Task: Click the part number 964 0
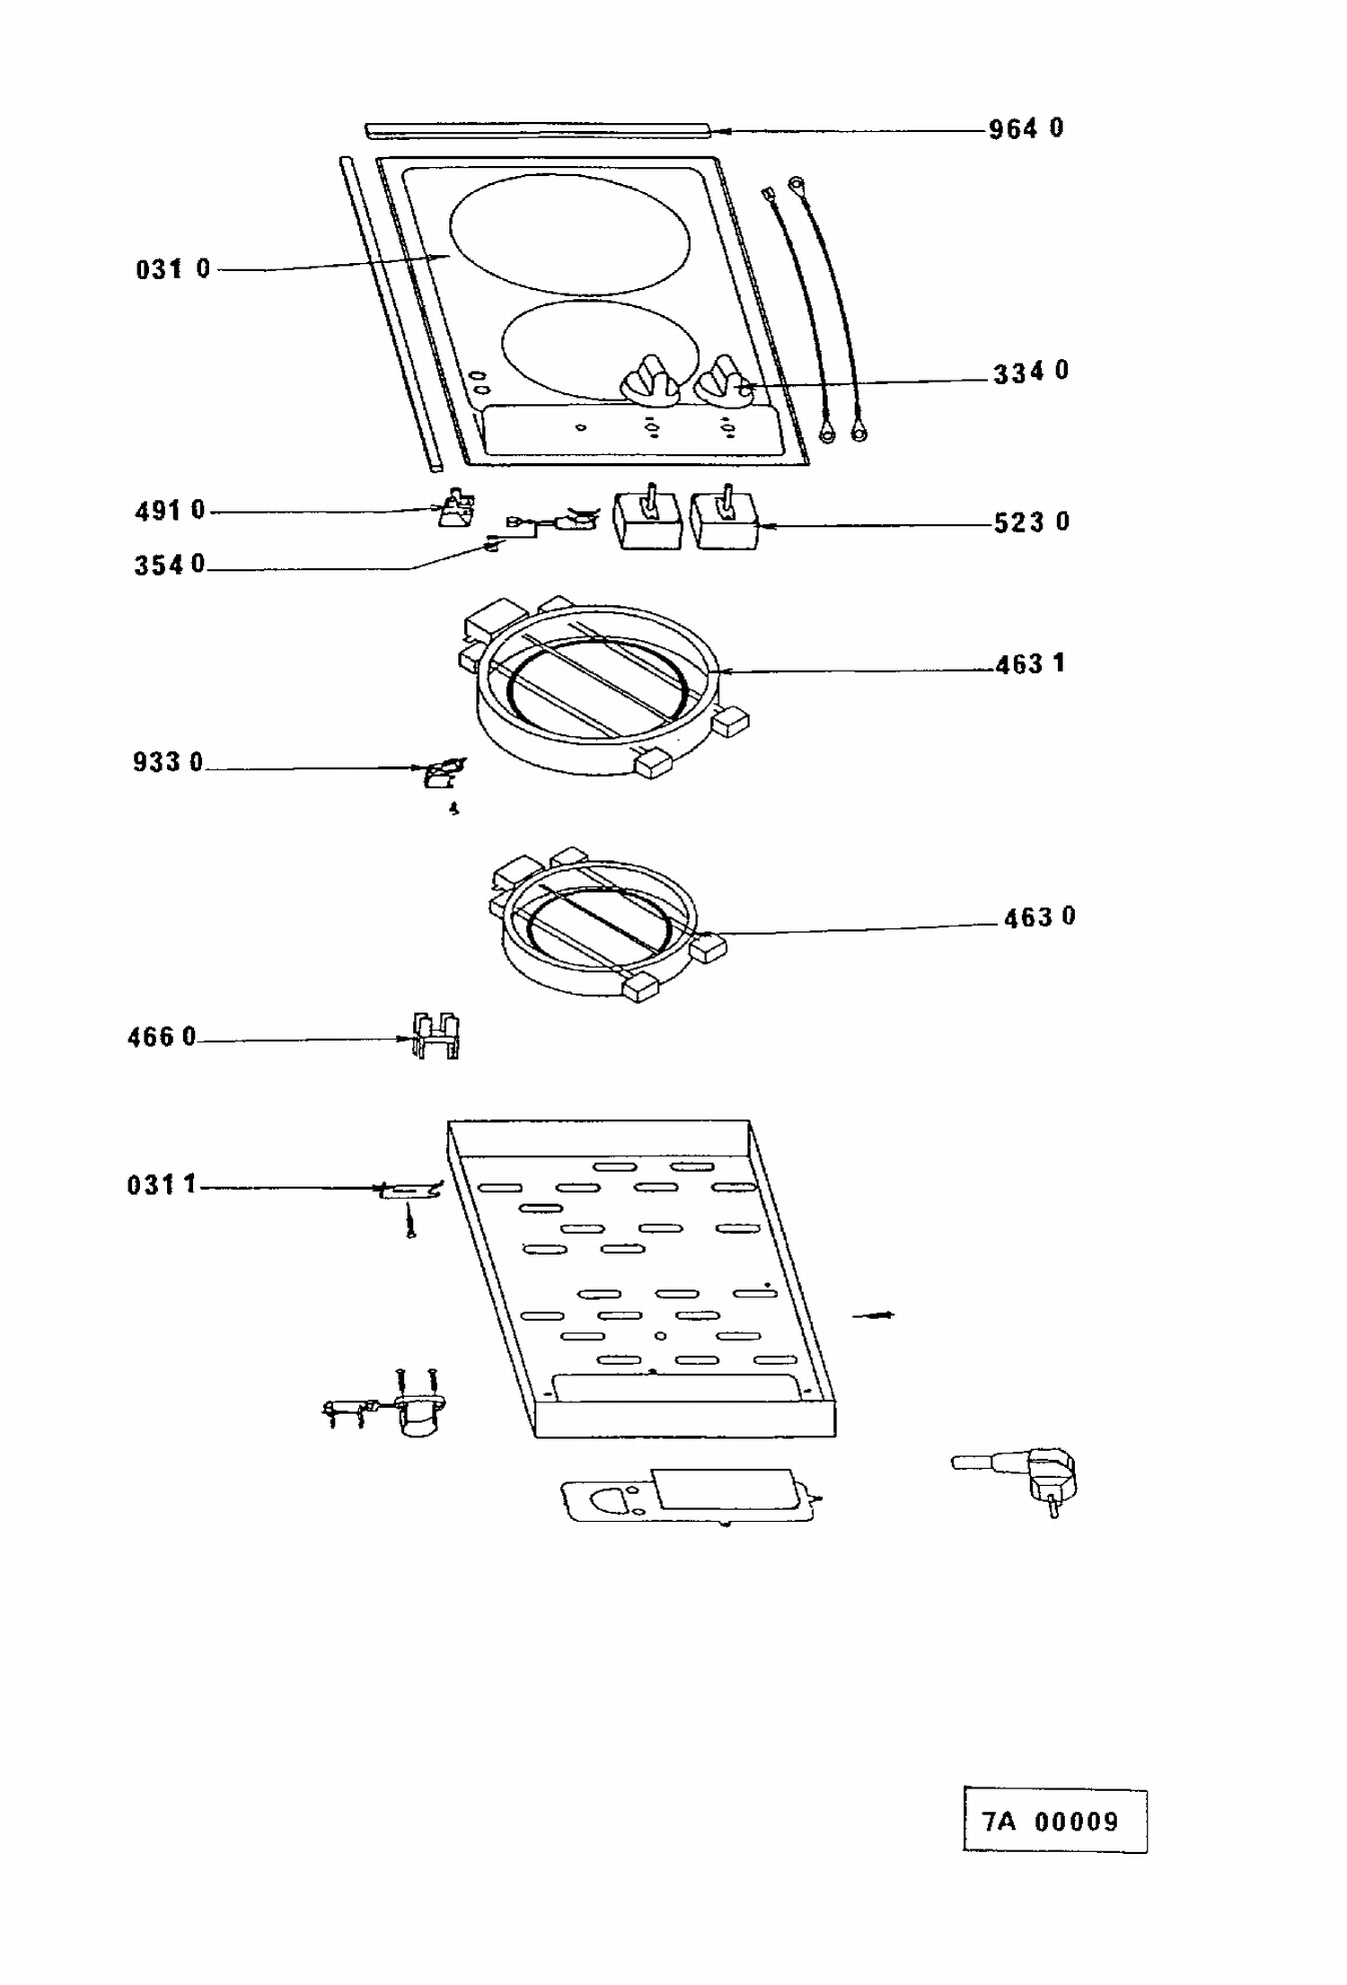(x=1026, y=129)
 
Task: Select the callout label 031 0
(x=173, y=268)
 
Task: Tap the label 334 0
(x=1031, y=372)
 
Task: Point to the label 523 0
(x=1032, y=523)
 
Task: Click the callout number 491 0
(x=170, y=511)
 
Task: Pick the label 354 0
(x=170, y=565)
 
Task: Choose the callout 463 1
(x=1030, y=664)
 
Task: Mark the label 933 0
(x=168, y=762)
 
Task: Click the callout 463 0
(x=1039, y=918)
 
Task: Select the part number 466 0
(x=162, y=1037)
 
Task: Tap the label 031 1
(x=162, y=1185)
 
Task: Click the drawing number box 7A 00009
(x=1055, y=1822)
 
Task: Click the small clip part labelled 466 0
(x=436, y=1035)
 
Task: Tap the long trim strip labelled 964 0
(x=539, y=132)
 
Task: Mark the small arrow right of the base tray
(x=874, y=1315)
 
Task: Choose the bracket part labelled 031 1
(x=409, y=1190)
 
